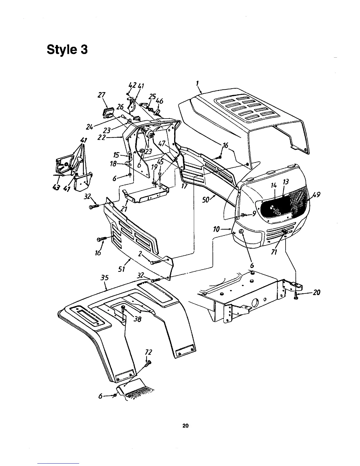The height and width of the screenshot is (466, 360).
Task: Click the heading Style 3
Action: point(67,49)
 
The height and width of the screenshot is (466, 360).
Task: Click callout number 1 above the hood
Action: point(198,84)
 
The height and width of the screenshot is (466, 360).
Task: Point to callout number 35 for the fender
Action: point(104,278)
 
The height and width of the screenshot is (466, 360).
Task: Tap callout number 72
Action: point(149,352)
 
